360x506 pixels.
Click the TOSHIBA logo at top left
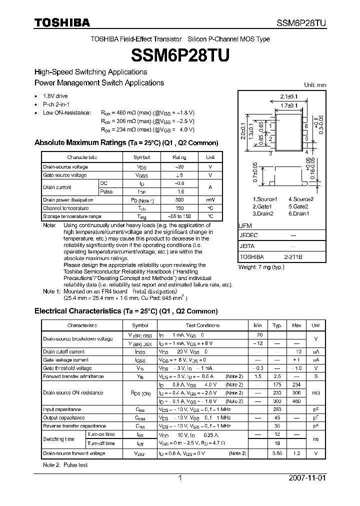pos(62,22)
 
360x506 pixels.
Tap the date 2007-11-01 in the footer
pos(307,477)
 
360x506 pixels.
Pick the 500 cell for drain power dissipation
pos(179,199)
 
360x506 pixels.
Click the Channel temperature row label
pos(66,208)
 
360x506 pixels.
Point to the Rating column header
pos(179,157)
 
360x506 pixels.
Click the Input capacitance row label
pos(62,409)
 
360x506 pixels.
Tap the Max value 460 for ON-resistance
pos(296,401)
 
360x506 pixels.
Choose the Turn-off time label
pos(101,443)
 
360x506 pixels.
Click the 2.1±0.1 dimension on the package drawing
pos(288,96)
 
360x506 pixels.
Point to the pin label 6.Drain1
pos(299,213)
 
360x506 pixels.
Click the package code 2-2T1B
pos(293,256)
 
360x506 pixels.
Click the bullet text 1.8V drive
pos(55,96)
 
